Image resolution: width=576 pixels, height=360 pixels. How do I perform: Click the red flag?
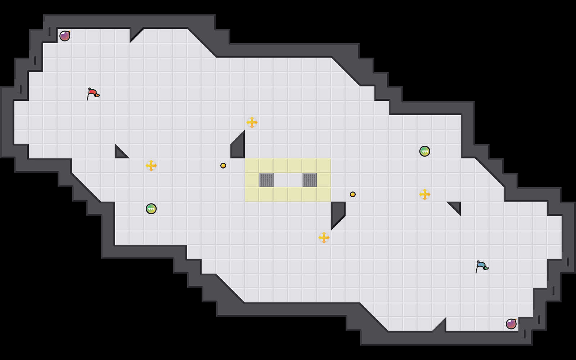93,94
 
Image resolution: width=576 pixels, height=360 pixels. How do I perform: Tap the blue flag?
482,266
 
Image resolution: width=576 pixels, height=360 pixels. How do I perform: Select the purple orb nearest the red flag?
65,36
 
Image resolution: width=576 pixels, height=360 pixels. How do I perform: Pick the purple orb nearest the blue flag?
511,324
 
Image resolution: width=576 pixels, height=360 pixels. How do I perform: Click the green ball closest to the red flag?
151,209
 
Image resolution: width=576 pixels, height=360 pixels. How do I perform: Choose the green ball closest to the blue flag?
425,151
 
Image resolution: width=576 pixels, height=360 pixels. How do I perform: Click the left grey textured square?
266,180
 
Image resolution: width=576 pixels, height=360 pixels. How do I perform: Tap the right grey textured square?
310,180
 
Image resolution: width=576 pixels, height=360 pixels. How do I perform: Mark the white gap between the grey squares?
288,180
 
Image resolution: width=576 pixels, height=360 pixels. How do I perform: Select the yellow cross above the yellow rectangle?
252,122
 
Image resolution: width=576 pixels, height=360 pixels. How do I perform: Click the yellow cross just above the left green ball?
151,166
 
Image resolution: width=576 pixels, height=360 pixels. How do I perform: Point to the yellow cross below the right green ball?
425,194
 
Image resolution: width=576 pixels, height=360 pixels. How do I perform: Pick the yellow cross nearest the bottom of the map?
324,238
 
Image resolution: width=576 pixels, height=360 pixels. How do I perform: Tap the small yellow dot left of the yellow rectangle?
223,166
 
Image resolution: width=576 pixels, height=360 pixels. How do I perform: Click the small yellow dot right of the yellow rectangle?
353,194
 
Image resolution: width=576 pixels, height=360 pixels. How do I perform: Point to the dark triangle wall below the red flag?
120,153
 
